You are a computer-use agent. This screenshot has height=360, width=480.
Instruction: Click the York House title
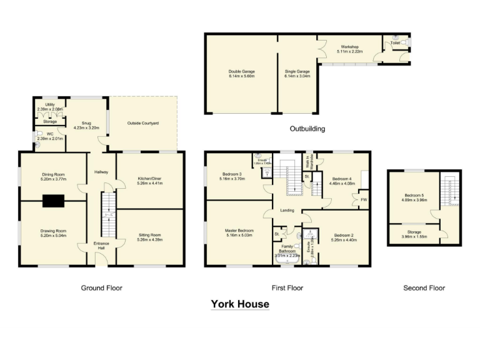[x=240, y=304]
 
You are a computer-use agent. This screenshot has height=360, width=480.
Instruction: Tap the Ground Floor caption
[x=101, y=288]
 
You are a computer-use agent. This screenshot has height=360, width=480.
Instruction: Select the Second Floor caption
[x=424, y=288]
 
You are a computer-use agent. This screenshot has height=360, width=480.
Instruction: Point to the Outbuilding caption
[x=307, y=129]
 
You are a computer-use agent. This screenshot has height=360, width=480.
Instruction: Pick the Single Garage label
[x=297, y=72]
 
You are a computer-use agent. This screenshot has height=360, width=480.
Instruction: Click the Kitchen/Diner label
[x=149, y=179]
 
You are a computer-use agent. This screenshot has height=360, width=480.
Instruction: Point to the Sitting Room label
[x=149, y=235]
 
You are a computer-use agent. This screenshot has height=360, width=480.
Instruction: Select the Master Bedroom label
[x=239, y=231]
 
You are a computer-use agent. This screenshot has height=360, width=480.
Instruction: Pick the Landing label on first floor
[x=287, y=210]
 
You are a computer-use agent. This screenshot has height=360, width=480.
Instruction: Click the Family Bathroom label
[x=288, y=249]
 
